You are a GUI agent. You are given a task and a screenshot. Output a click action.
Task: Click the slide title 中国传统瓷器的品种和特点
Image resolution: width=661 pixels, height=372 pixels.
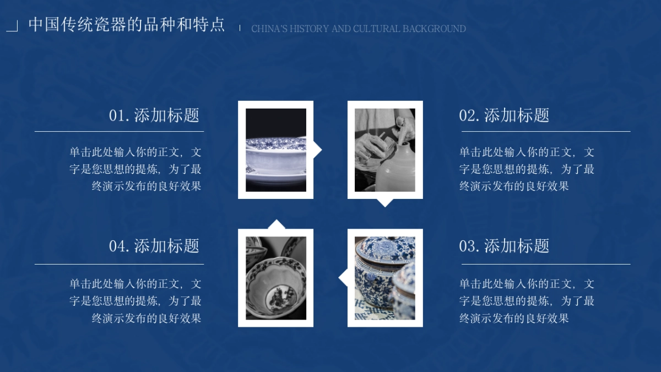(127, 25)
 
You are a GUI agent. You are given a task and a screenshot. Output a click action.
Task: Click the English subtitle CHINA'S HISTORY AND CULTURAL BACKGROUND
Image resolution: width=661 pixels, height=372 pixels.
(358, 29)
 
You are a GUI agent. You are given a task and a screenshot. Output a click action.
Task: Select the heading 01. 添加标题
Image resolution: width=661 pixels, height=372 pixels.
(154, 115)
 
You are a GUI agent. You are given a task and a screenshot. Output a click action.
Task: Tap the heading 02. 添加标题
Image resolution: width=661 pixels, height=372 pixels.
(504, 115)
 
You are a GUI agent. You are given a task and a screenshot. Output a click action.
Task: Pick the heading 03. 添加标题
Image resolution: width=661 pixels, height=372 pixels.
(504, 246)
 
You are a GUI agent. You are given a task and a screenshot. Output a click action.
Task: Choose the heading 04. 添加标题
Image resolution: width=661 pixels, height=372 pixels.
(154, 246)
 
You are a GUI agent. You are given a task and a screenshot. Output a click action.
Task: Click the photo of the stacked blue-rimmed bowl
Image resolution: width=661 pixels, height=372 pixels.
(275, 150)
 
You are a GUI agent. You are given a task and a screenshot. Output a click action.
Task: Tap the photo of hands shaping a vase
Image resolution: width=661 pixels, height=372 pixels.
(384, 150)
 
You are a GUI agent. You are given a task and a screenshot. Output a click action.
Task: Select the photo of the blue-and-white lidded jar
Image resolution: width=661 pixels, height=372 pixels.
(384, 278)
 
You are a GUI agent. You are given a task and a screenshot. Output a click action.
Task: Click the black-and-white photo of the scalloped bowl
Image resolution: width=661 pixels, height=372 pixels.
(275, 278)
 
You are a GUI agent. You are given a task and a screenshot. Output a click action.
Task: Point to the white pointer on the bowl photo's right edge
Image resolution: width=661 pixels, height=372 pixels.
(317, 149)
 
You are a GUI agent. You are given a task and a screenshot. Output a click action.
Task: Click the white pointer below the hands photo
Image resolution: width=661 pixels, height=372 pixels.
(385, 202)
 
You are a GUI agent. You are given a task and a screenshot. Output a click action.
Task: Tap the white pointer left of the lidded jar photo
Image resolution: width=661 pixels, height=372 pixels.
(343, 278)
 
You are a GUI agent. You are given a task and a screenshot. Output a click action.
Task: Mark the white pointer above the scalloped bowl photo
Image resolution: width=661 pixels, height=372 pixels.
(276, 224)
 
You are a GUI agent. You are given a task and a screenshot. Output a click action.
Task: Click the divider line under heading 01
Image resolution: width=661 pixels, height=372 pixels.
(119, 132)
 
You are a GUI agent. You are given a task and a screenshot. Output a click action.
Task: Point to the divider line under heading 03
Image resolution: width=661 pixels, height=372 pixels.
(545, 264)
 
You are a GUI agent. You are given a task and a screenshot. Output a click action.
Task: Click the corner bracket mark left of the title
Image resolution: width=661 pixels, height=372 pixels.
(13, 26)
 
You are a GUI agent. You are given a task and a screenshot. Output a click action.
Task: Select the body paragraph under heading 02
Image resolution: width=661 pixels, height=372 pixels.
(527, 169)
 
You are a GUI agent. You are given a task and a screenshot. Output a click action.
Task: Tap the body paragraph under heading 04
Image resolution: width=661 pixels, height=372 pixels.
(136, 301)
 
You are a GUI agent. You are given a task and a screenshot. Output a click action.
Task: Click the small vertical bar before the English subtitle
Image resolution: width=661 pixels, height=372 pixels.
(240, 28)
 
